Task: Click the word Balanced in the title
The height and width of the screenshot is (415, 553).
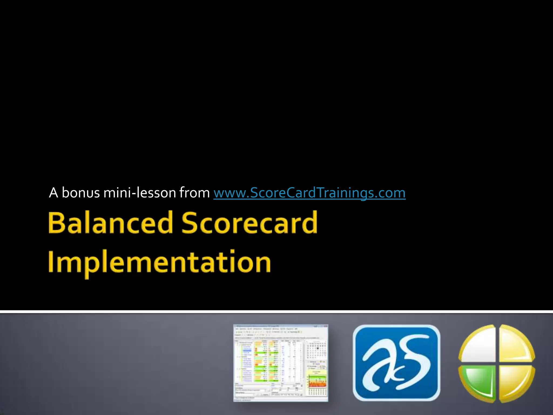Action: (x=110, y=223)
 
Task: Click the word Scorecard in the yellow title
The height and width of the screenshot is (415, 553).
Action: (x=249, y=223)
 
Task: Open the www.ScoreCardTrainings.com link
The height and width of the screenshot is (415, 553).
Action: (x=309, y=193)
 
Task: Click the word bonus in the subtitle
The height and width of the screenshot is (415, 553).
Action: (x=81, y=193)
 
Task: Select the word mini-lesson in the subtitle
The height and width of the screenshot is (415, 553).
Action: (x=140, y=193)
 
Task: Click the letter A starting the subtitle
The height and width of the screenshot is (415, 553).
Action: (x=53, y=193)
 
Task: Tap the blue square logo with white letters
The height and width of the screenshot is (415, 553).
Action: (x=396, y=363)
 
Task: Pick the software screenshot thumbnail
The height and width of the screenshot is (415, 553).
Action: (x=281, y=363)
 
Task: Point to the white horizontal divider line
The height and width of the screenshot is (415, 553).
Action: (x=276, y=312)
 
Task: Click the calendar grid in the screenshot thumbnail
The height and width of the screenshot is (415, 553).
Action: (x=316, y=350)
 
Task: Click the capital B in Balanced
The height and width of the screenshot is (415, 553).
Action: (x=57, y=223)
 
